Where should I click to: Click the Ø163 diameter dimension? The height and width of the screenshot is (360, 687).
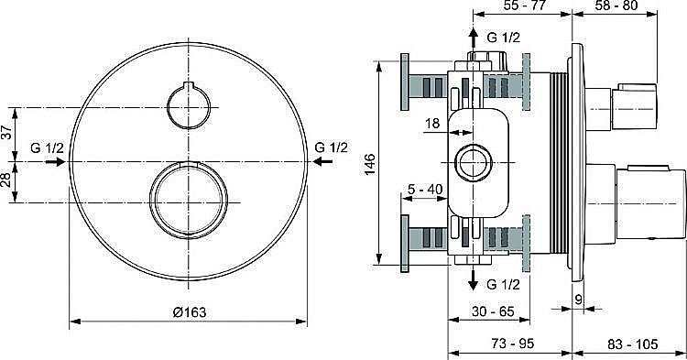click(x=188, y=311)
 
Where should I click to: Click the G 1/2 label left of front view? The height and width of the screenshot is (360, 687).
click(x=48, y=147)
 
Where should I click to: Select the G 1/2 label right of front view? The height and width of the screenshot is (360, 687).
click(x=331, y=147)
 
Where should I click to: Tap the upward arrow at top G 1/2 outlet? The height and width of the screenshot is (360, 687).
click(x=474, y=38)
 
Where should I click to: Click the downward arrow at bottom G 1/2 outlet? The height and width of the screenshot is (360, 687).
click(x=474, y=278)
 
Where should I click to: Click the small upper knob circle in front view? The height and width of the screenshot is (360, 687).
click(x=188, y=105)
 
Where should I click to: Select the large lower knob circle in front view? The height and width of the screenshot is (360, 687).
click(x=188, y=200)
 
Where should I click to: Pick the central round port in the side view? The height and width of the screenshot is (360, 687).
click(x=474, y=162)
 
